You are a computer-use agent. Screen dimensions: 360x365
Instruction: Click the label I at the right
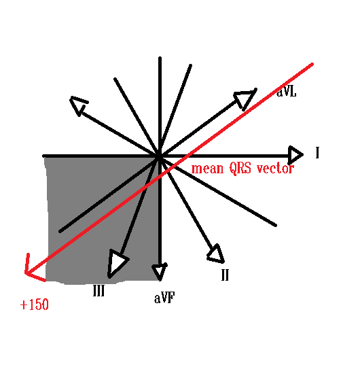(x=317, y=153)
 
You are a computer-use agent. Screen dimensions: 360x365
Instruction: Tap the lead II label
(x=225, y=275)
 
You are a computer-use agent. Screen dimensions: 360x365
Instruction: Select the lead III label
(x=98, y=290)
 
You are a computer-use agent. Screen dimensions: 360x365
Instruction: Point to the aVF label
(x=164, y=298)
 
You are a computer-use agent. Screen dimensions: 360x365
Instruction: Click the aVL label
(x=286, y=92)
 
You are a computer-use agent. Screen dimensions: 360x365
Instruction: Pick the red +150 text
(x=35, y=305)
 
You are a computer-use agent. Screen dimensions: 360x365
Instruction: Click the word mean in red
(x=207, y=169)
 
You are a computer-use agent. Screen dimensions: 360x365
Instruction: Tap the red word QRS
(x=240, y=168)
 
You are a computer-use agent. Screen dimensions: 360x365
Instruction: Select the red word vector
(x=275, y=168)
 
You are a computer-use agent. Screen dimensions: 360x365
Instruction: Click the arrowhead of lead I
(x=295, y=154)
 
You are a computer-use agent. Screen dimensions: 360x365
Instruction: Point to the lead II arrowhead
(x=217, y=254)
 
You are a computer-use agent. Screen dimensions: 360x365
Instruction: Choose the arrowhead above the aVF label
(x=160, y=272)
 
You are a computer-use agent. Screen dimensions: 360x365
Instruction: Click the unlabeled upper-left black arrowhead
(x=78, y=105)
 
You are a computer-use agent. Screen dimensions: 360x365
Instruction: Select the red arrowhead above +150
(x=33, y=269)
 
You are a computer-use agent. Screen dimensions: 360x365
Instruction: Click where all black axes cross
(x=160, y=156)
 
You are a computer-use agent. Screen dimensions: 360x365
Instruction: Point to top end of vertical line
(x=160, y=58)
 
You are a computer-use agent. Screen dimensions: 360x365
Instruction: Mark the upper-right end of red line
(x=312, y=64)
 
